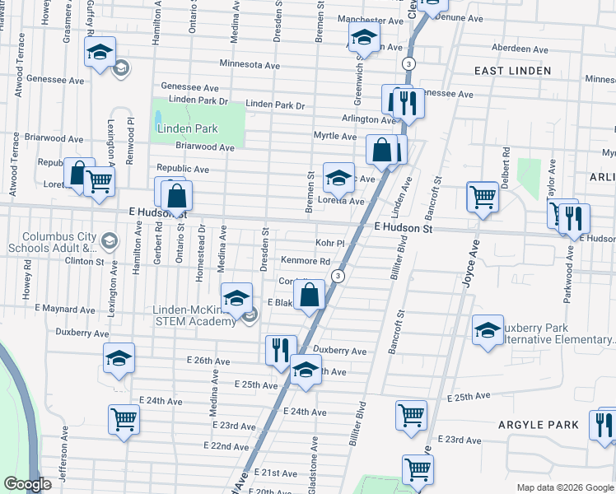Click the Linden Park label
tap(187, 128)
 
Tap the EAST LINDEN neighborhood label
tap(511, 71)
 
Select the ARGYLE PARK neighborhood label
tap(538, 424)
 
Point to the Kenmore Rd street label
tap(305, 261)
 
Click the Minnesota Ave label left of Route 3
tap(250, 64)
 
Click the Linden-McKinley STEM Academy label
tap(194, 315)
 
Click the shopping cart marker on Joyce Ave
tap(482, 196)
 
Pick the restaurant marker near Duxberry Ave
tap(280, 348)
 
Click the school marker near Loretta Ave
tap(338, 176)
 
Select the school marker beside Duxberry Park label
tap(488, 329)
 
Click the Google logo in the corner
tap(27, 484)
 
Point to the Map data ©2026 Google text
tap(564, 487)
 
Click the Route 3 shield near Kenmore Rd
tap(338, 276)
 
